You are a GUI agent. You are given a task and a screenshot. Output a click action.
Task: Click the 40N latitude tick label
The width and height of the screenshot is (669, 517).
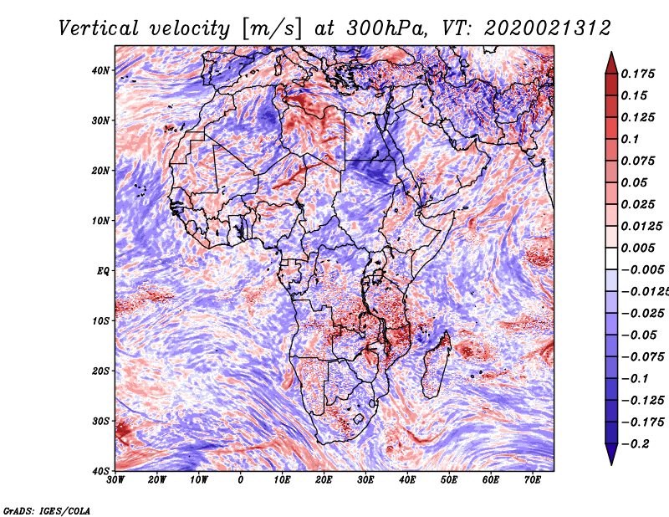[x=100, y=70]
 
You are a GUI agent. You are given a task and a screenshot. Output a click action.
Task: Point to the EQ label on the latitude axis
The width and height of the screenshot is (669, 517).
[x=103, y=271]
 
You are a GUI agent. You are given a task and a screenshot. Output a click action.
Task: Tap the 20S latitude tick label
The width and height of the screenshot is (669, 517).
[x=100, y=371]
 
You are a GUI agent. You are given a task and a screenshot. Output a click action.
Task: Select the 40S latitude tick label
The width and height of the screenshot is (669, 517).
[x=100, y=471]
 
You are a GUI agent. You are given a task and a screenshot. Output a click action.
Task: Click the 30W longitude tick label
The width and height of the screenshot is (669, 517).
[x=115, y=480]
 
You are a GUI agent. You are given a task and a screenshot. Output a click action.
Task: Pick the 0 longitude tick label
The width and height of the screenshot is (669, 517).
[x=241, y=480]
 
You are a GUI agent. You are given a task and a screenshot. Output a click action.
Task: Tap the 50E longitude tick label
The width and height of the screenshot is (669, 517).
[x=449, y=480]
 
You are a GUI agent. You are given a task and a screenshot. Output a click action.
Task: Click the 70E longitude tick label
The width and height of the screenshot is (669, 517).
[x=533, y=480]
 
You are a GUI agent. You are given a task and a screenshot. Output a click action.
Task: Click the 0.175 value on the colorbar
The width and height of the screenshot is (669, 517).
[x=638, y=74]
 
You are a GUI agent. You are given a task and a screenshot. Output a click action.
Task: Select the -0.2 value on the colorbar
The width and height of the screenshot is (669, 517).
[x=636, y=444]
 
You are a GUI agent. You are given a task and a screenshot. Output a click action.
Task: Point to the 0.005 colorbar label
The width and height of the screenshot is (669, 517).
[x=638, y=248]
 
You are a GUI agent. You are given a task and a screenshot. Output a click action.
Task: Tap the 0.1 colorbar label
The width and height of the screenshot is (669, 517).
[x=631, y=139]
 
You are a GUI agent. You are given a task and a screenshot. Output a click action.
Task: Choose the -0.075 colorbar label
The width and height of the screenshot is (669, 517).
[x=643, y=357]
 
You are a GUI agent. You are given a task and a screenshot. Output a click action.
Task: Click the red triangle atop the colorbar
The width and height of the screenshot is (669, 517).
[x=611, y=63]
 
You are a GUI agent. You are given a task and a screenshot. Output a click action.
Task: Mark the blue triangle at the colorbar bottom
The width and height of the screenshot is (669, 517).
[x=611, y=454]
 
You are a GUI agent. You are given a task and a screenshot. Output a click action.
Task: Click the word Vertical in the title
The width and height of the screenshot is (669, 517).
[x=99, y=28]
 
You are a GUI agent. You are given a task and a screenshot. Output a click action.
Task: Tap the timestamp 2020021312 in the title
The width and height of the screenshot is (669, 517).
[x=548, y=28]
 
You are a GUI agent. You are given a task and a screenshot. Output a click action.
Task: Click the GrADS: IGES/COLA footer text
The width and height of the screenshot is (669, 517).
[x=47, y=511]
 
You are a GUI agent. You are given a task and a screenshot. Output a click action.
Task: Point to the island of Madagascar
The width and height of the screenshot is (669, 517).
[x=436, y=365]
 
